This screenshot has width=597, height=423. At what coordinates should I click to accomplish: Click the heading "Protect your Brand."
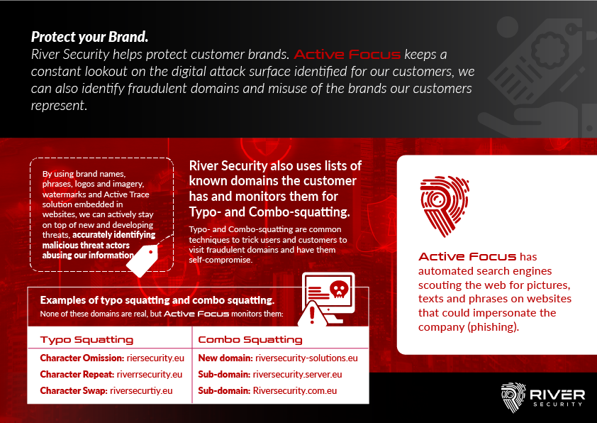tap(89, 37)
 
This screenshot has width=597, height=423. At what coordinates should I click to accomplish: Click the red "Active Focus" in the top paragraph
tap(347, 55)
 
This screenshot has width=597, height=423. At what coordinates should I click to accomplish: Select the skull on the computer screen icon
tap(339, 290)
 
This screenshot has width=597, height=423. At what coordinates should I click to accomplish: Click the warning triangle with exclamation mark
tap(312, 315)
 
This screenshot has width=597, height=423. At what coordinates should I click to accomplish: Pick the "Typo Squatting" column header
tap(87, 339)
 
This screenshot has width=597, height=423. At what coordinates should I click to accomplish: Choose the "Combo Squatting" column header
tap(250, 339)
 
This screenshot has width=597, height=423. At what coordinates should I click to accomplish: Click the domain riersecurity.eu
tap(155, 358)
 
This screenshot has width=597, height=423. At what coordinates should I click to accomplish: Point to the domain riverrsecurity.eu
tap(150, 375)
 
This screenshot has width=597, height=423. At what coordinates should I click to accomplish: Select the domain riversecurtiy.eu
tap(141, 391)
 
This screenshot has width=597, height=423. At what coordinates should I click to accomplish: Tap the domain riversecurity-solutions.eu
tap(306, 358)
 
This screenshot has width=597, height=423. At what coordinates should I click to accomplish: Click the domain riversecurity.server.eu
tap(297, 375)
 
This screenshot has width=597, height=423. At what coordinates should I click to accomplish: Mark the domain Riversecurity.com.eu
tap(295, 391)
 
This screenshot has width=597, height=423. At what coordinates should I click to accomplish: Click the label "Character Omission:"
tap(82, 358)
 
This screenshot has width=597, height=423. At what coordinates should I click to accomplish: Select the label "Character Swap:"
tap(74, 391)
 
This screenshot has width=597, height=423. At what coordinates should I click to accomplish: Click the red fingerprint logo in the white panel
tap(445, 206)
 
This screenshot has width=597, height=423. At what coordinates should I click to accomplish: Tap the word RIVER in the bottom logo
tap(557, 395)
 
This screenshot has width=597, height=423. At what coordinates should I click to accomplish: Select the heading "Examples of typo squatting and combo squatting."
tap(157, 300)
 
